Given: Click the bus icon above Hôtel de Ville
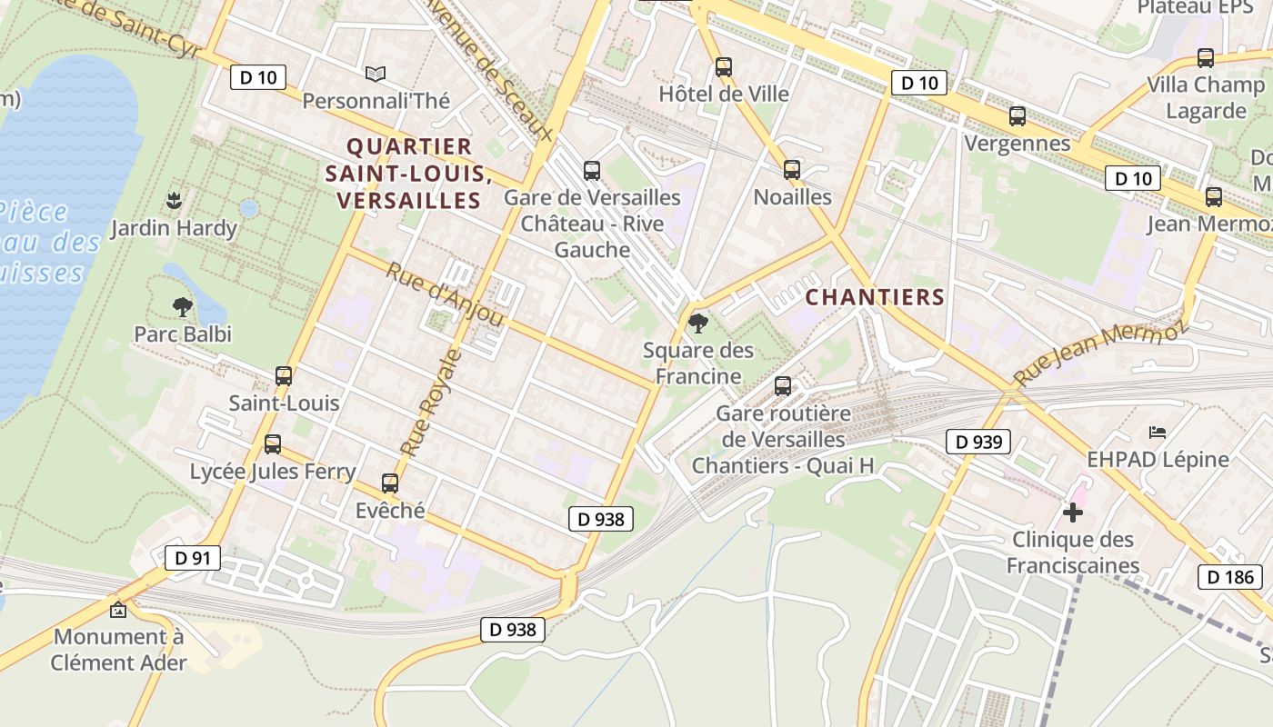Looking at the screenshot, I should pos(723,66).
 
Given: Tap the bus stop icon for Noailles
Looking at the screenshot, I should pos(792,169).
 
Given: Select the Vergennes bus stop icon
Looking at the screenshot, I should pos(1017,116).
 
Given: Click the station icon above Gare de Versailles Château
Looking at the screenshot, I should pos(592,170).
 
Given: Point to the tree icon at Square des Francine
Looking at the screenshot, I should pos(697,323).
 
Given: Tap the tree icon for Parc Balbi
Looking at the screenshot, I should pos(183,306).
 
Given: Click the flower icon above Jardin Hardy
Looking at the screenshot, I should pos(174,200).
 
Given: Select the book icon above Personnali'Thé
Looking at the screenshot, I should pos(376,74).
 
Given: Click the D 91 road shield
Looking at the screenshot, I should pos(193,557).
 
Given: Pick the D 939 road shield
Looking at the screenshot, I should pos(978,442).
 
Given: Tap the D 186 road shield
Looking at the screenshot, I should pos(1230,576).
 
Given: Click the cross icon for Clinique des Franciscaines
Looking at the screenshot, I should pos(1073,513).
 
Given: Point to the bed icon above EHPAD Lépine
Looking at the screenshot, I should pos(1158,432).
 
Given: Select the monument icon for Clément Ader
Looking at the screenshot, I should pos(118,610).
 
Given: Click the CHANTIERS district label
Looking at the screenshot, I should pos(875,297).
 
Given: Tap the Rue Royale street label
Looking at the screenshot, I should pos(431,402).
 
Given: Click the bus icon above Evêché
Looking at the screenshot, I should pos(390,483).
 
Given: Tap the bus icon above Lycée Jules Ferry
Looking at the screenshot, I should pos(272,444).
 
